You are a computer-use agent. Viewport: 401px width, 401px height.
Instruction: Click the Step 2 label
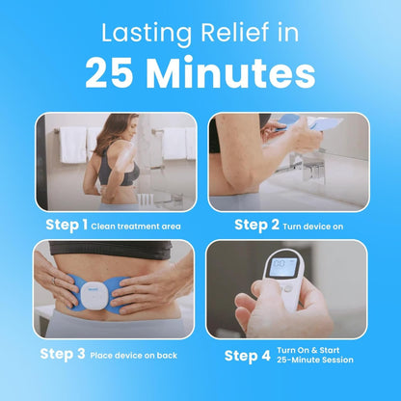point(255,225)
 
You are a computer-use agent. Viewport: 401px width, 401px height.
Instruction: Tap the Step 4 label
point(248,355)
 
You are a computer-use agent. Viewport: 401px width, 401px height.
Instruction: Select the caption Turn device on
point(312,227)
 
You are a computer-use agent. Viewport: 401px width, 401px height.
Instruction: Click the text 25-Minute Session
point(314,361)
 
